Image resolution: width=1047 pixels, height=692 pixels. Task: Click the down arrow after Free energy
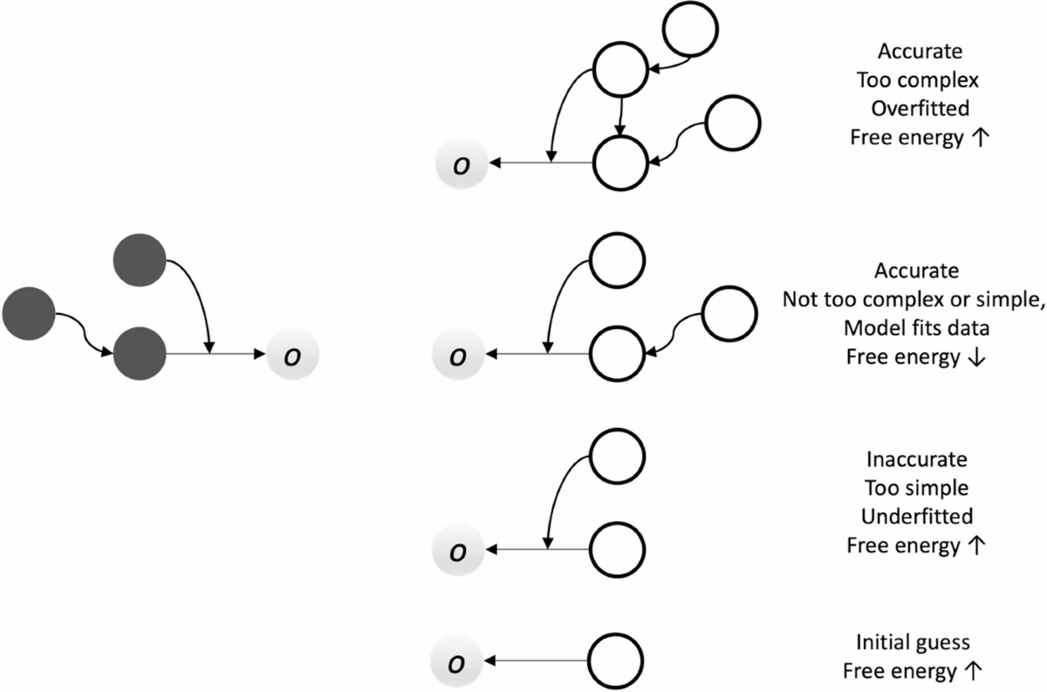pyautogui.click(x=979, y=359)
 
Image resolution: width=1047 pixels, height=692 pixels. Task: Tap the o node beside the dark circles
pyautogui.click(x=293, y=355)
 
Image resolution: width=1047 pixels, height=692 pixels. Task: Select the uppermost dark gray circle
pyautogui.click(x=140, y=259)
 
